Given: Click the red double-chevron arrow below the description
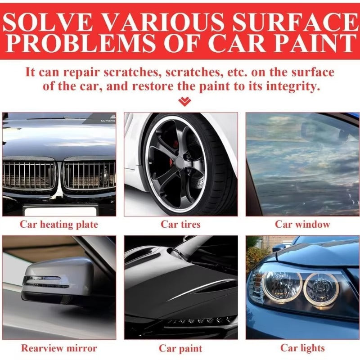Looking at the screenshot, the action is point(184,102).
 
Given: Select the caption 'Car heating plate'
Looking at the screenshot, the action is point(59,225).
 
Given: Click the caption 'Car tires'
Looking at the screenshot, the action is point(180,224).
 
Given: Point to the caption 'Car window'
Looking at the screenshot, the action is point(302,224).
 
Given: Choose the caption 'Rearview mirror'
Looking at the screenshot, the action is point(59,348).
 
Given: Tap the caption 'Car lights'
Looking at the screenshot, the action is point(302,348).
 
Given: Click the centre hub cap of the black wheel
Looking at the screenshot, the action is point(180,162).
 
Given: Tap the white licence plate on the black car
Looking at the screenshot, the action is point(60,211).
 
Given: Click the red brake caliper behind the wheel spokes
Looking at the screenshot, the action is point(175,144).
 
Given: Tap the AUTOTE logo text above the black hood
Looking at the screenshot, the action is point(108,121).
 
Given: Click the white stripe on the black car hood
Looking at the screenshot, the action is point(202,290).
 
